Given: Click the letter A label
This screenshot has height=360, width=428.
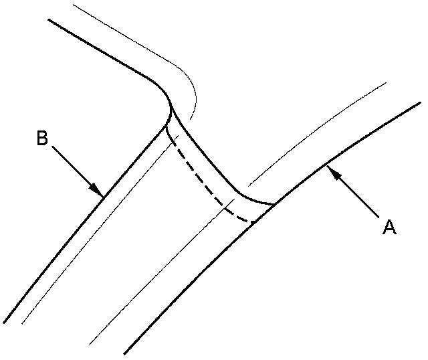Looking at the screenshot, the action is pyautogui.click(x=389, y=227).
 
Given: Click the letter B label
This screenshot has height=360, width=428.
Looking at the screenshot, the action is pyautogui.click(x=42, y=140).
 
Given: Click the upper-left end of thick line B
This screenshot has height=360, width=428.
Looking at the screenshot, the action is pyautogui.click(x=49, y=19).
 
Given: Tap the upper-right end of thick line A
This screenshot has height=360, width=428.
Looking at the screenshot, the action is pyautogui.click(x=420, y=102).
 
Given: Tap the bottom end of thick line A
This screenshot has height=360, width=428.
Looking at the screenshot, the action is pyautogui.click(x=125, y=353).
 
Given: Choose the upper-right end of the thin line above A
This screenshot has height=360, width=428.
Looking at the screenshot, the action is pyautogui.click(x=387, y=84).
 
